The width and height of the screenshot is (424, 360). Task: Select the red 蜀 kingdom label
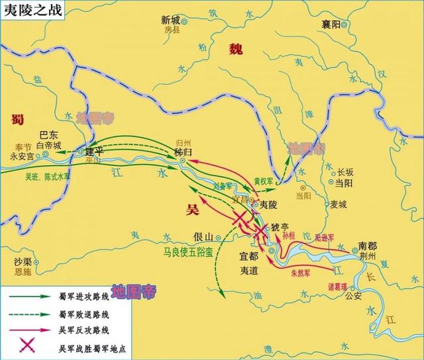pos(18,118)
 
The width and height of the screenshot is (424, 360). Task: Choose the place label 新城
pos(171,21)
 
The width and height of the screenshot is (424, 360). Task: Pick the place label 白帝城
pos(48,145)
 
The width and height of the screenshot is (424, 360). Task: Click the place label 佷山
pos(203,237)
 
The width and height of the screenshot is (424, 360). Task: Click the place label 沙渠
pos(23,262)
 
